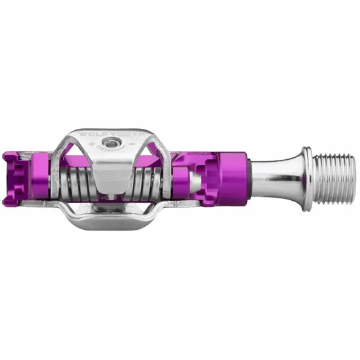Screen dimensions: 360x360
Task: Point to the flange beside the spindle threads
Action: (x=306, y=179)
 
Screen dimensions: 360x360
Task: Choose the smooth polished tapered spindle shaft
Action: (x=278, y=179)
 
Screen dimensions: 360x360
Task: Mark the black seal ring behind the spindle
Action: (x=252, y=179)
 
